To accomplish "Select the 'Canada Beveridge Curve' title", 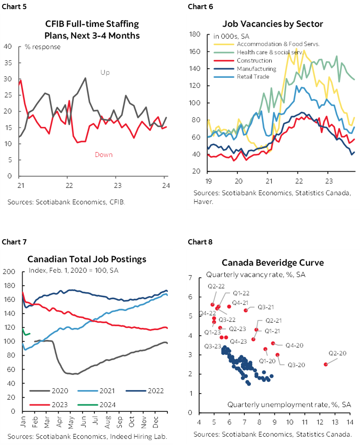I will point(273,263).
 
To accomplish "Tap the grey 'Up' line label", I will point(105,73).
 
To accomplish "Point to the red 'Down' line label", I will point(103,154).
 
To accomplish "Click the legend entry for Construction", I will point(254,60).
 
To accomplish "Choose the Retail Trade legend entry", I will point(253,77).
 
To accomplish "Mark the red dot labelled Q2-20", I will point(326,364).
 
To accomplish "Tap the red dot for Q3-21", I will point(246,310).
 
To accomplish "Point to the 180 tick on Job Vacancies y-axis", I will point(194,34).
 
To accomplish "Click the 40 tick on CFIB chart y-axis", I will point(8,47).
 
